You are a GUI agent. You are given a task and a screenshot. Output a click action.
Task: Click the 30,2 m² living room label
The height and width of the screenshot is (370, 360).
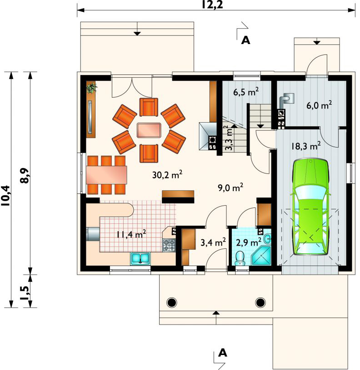(167, 175)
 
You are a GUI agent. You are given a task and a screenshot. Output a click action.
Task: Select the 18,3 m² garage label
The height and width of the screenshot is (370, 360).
(305, 146)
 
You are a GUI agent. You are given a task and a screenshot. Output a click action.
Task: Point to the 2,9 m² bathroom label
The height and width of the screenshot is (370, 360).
(249, 242)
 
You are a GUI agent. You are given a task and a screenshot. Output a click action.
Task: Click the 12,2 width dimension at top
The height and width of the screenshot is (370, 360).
(212, 5)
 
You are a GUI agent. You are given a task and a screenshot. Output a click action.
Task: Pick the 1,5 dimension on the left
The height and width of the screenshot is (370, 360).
(25, 293)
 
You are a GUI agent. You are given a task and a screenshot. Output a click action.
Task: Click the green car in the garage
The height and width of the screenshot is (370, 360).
(310, 207)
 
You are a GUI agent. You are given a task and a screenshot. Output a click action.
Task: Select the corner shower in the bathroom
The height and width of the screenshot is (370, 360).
(261, 256)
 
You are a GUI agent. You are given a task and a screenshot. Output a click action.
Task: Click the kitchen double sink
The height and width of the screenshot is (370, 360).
(140, 258)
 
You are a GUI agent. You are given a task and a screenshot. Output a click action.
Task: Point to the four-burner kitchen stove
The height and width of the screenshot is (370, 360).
(169, 245)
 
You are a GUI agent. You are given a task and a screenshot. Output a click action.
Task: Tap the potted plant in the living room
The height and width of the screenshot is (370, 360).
(91, 88)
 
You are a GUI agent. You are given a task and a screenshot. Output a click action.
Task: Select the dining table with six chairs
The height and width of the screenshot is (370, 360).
(106, 175)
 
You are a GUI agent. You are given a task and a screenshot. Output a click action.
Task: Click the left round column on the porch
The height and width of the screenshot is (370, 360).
(171, 302)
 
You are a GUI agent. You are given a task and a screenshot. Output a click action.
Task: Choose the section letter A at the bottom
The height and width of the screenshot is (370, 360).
(223, 353)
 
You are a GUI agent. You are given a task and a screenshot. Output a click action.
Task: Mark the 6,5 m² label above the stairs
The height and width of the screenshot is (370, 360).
(246, 92)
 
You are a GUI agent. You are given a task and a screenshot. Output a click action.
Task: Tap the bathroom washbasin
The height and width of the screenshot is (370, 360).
(267, 238)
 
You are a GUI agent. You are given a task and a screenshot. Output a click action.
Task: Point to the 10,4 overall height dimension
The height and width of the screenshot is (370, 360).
(5, 196)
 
